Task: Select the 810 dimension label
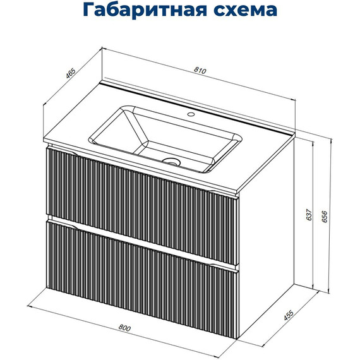(x=201, y=71)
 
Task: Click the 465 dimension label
(x=71, y=73)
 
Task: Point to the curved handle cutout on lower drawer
(x=63, y=222)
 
